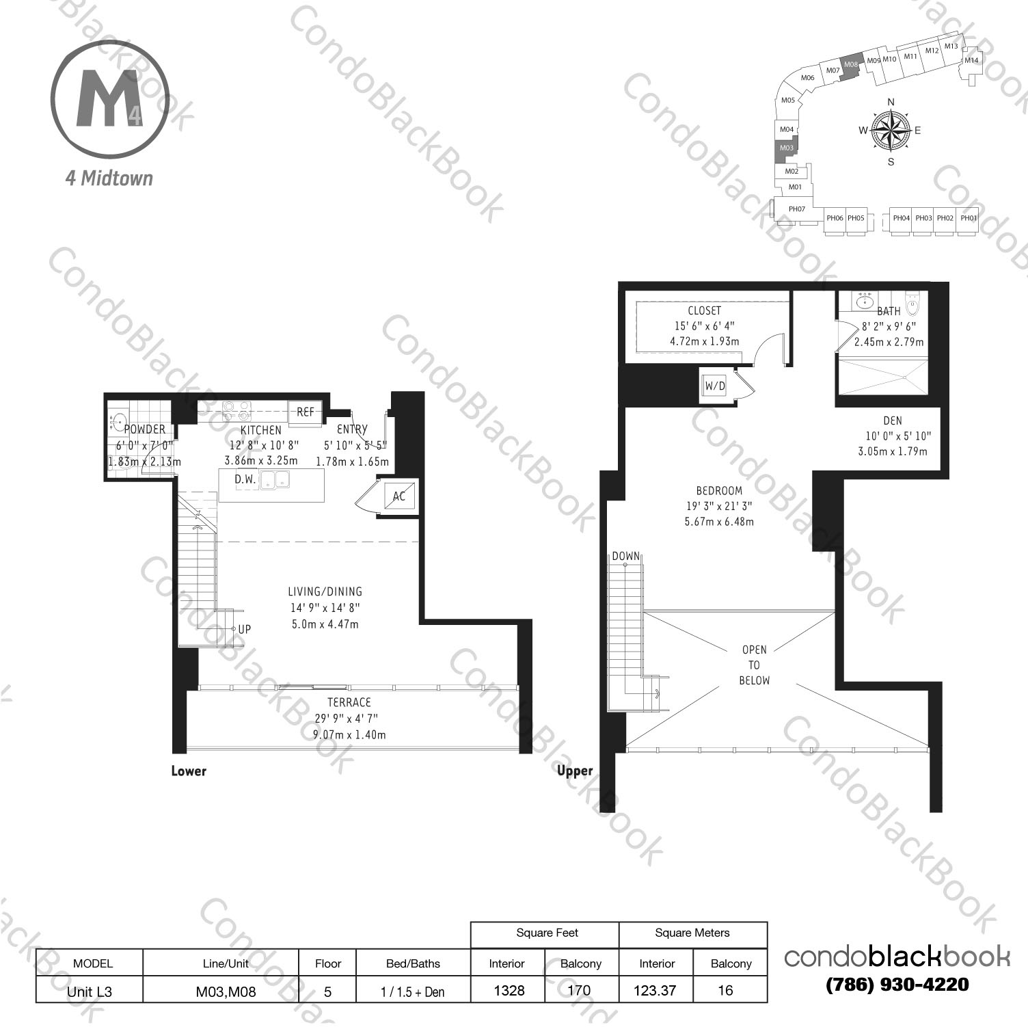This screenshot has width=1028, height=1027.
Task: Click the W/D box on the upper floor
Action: pyautogui.click(x=714, y=386)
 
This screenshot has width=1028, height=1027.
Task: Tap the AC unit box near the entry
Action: pyautogui.click(x=399, y=496)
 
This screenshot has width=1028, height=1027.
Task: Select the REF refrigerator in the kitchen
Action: pyautogui.click(x=305, y=412)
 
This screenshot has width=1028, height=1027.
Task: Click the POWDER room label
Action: pyautogui.click(x=144, y=429)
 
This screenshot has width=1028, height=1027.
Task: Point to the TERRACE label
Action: pyautogui.click(x=349, y=702)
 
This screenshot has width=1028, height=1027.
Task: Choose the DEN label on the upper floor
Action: pyautogui.click(x=892, y=421)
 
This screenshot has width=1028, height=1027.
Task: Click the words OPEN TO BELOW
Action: pyautogui.click(x=754, y=665)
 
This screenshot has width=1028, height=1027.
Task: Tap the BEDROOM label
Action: pyautogui.click(x=719, y=490)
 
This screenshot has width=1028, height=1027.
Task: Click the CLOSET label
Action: pyautogui.click(x=704, y=310)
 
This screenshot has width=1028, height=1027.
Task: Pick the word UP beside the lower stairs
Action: pyautogui.click(x=244, y=629)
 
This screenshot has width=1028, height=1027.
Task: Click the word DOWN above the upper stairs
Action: pyautogui.click(x=626, y=556)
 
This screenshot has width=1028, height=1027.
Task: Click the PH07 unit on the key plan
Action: pyautogui.click(x=796, y=209)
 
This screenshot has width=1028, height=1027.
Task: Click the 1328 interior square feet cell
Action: pyautogui.click(x=508, y=990)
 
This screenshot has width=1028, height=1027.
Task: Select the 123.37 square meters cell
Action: pyautogui.click(x=655, y=990)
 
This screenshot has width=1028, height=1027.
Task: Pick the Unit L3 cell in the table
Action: pyautogui.click(x=90, y=991)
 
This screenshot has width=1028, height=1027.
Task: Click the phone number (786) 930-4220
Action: pyautogui.click(x=897, y=985)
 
